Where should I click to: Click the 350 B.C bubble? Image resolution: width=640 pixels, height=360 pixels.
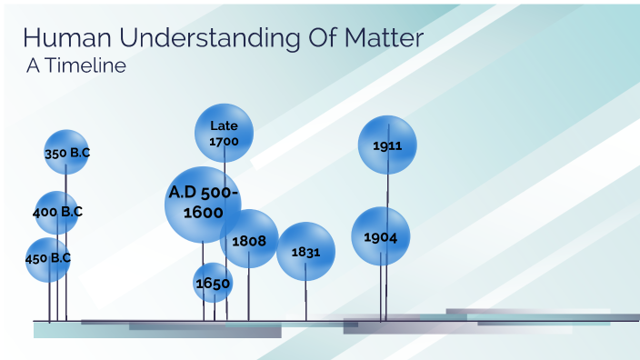66,153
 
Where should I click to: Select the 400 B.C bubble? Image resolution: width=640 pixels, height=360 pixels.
56,213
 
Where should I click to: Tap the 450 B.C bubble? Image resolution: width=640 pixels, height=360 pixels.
47,259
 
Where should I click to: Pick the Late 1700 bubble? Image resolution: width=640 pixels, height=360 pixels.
224,133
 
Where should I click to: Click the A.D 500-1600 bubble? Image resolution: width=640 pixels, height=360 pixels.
203,204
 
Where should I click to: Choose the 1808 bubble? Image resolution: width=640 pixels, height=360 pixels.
249,239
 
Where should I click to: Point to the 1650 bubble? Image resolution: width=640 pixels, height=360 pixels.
213,283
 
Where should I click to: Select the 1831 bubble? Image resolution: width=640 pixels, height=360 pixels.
306,252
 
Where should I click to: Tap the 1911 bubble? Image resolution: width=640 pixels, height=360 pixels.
387,145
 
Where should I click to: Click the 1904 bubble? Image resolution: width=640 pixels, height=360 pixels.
381,236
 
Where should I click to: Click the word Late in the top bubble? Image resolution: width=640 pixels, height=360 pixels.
224,125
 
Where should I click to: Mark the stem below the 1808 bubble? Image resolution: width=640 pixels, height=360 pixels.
249,293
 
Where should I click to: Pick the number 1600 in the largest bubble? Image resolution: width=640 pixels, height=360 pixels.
204,213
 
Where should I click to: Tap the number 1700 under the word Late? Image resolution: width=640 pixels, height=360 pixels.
224,142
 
